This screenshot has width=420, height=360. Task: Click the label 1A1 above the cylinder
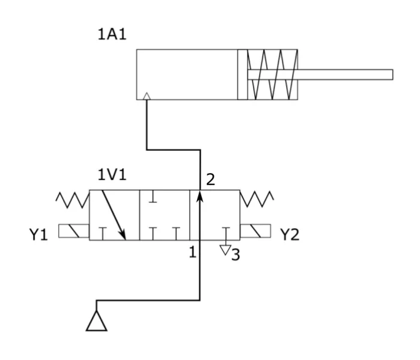(112, 34)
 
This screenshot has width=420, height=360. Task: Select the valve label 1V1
(112, 175)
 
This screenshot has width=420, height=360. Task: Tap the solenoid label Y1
(38, 234)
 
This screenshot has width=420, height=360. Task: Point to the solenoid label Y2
(290, 234)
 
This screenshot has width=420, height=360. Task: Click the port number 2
(210, 180)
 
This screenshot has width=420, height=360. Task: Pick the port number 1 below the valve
(193, 252)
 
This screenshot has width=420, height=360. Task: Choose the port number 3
(236, 254)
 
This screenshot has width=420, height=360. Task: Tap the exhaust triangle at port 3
(225, 250)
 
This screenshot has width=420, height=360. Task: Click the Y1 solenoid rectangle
(74, 231)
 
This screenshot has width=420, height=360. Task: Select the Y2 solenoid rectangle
(255, 231)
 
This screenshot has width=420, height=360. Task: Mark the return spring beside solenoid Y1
(73, 200)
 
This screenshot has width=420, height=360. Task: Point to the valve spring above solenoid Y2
(257, 199)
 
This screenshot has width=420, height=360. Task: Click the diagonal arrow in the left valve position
(114, 215)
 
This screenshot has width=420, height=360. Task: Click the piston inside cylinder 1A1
(243, 75)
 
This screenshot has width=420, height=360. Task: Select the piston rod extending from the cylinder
(320, 75)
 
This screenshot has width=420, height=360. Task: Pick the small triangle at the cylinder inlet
(147, 96)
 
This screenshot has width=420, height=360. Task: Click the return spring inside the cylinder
(273, 75)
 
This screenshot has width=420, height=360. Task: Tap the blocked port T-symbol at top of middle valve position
(153, 197)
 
